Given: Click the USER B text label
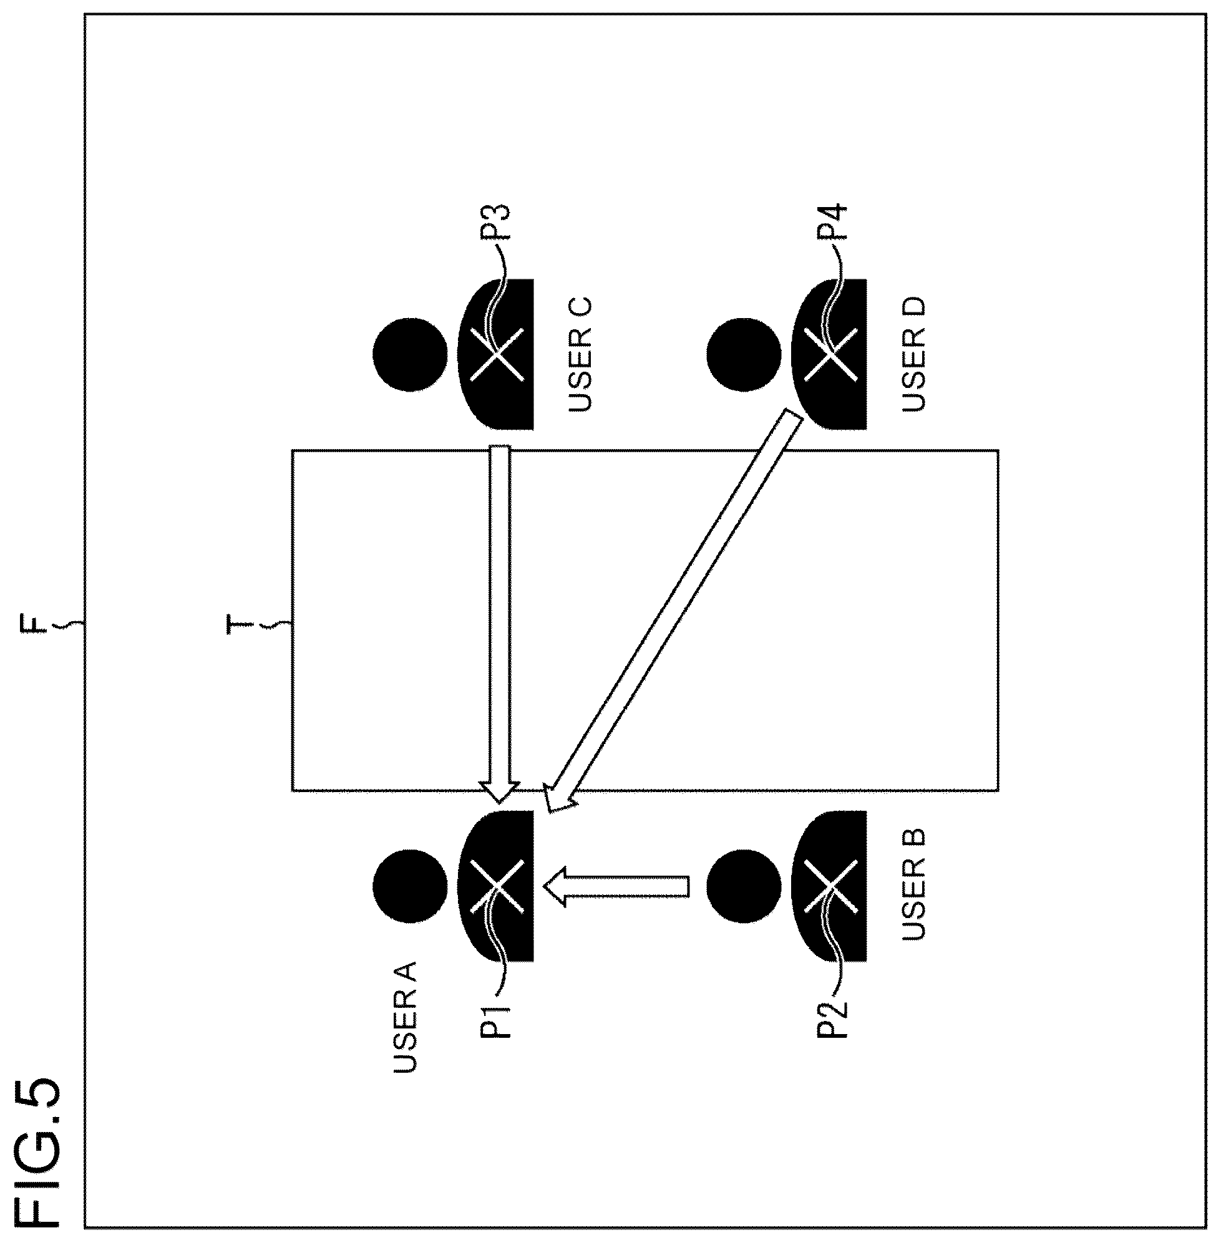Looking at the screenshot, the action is [913, 884].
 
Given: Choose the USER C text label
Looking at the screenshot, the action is [580, 354].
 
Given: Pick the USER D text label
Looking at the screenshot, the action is [913, 353].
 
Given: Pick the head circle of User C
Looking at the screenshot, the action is [410, 354].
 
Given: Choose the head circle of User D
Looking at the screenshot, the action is [744, 354].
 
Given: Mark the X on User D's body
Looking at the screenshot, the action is [830, 354].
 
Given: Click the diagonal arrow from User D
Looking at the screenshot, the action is [673, 612].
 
